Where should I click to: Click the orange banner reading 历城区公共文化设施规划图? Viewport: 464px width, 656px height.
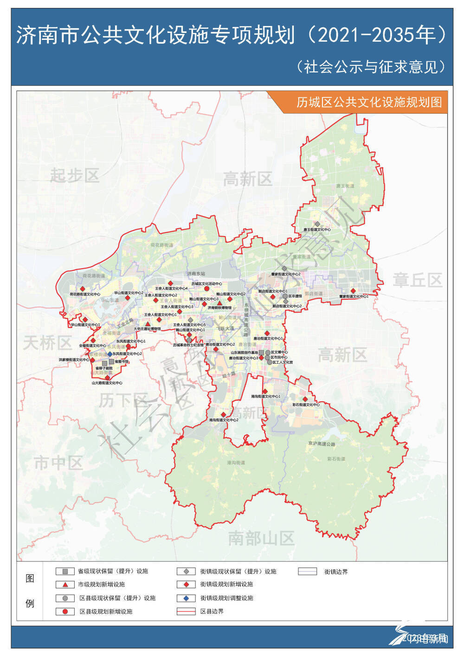pyautogui.click(x=369, y=102)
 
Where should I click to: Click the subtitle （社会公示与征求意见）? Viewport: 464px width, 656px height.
pyautogui.click(x=371, y=67)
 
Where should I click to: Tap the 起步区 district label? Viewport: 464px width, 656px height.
pyautogui.click(x=75, y=176)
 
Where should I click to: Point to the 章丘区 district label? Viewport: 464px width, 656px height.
pyautogui.click(x=417, y=280)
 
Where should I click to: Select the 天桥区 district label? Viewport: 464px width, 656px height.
pyautogui.click(x=47, y=343)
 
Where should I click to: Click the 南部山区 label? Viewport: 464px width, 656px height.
pyautogui.click(x=261, y=538)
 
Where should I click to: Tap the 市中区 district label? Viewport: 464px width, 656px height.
pyautogui.click(x=58, y=463)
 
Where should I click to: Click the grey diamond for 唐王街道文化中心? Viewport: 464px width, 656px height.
pyautogui.click(x=317, y=224)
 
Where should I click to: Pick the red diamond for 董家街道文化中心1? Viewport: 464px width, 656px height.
pyautogui.click(x=353, y=291)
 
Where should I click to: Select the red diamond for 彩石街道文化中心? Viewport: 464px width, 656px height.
pyautogui.click(x=305, y=399)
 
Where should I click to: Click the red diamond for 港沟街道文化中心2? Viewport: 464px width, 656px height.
pyautogui.click(x=223, y=415)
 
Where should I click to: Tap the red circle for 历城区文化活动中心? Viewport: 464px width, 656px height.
pyautogui.click(x=206, y=289)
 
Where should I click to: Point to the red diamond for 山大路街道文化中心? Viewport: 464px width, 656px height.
pyautogui.click(x=108, y=378)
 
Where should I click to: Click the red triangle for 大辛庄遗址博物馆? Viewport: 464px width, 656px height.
pyautogui.click(x=148, y=324)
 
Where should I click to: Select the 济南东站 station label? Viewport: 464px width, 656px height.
pyautogui.click(x=196, y=274)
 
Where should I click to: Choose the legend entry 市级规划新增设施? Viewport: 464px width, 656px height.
pyautogui.click(x=101, y=585)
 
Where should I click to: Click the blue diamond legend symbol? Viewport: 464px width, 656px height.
pyautogui.click(x=186, y=598)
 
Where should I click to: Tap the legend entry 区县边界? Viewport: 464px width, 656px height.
pyautogui.click(x=212, y=611)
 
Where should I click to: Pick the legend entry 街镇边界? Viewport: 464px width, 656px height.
pyautogui.click(x=335, y=572)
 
